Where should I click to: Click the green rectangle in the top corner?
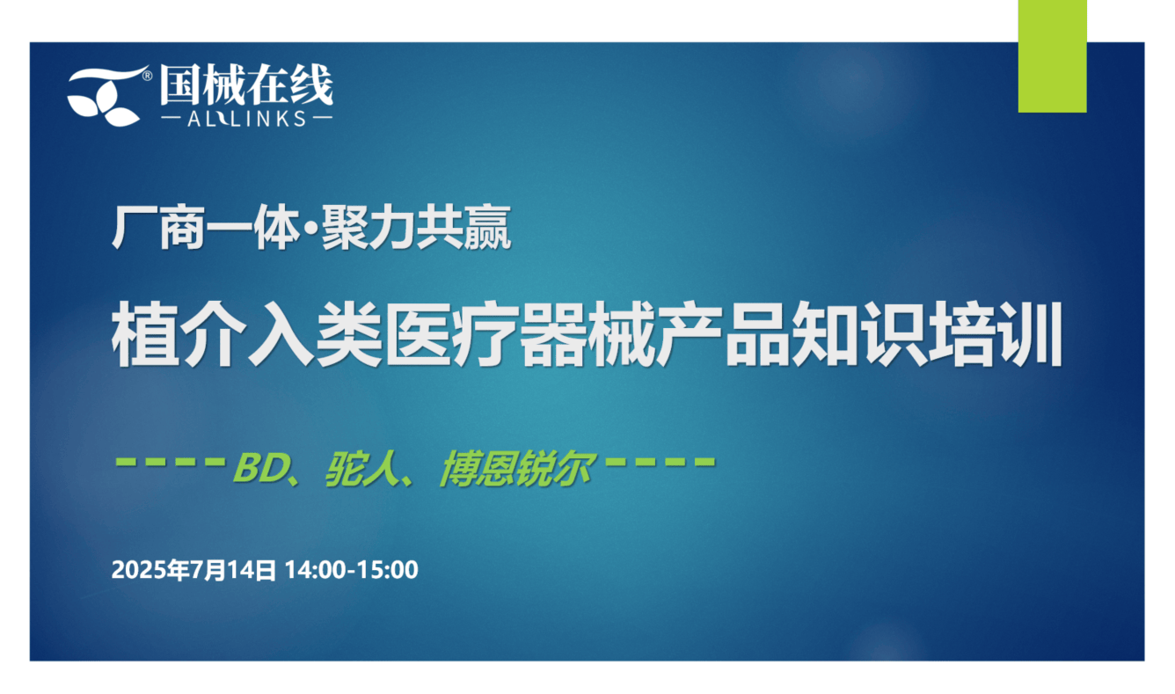tap(1052, 56)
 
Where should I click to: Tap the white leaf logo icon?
tap(107, 96)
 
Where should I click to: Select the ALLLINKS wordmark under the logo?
tap(246, 119)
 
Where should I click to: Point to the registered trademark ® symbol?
tap(148, 76)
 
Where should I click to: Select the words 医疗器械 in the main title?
tap(521, 334)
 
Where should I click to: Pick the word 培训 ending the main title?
tap(994, 334)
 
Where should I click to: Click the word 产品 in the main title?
tap(723, 334)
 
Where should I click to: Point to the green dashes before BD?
tap(170, 462)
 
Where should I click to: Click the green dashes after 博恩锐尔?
tap(660, 462)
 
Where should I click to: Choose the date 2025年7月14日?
tap(193, 570)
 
